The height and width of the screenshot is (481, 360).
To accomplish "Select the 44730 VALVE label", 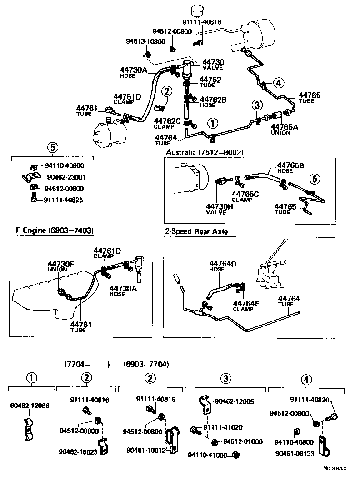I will click(213, 64).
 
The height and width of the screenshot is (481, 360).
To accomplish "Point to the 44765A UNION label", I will click(284, 130).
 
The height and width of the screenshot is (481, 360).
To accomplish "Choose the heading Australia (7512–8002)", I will click(205, 152).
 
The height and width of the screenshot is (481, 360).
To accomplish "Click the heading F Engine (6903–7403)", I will click(51, 230).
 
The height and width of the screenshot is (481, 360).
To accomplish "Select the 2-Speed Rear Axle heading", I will click(196, 231).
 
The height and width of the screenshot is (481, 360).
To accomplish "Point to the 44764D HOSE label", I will click(223, 266).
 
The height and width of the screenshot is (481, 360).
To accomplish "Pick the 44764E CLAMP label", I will click(246, 305).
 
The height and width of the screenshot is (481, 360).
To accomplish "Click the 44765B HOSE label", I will click(291, 167).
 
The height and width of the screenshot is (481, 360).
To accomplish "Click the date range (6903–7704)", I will click(146, 364).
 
